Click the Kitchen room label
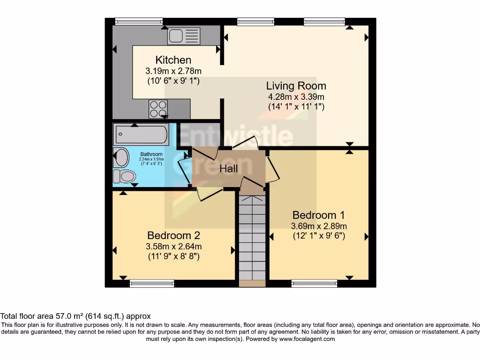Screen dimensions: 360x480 [173, 60]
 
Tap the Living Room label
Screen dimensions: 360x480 [296, 86]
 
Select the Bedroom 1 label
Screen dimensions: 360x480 [318, 215]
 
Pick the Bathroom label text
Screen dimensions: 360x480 [151, 154]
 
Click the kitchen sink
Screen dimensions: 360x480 [183, 36]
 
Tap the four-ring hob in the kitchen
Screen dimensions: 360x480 [158, 109]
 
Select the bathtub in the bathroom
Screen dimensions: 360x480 [140, 135]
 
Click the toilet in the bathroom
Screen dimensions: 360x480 [124, 176]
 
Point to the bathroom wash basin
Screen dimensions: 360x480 [121, 157]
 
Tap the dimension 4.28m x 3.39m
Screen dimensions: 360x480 [296, 97]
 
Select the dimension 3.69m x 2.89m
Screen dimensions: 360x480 [318, 226]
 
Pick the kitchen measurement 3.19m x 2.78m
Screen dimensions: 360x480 [173, 71]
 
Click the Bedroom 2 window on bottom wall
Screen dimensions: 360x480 [151, 283]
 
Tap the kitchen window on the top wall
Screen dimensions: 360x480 [139, 21]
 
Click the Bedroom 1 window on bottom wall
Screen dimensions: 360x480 [314, 283]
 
